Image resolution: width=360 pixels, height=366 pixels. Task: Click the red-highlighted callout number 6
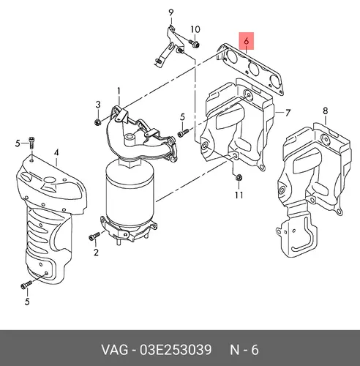(x=247, y=41)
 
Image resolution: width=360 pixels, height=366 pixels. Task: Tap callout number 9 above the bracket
(x=171, y=12)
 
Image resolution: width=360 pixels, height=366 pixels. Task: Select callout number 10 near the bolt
(x=195, y=29)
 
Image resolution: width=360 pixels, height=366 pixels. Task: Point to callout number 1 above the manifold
(x=119, y=91)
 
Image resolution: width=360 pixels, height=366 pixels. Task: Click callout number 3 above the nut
(x=98, y=105)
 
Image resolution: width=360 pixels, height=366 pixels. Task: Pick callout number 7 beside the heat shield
(x=288, y=113)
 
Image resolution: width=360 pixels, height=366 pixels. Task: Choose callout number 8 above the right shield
(x=326, y=111)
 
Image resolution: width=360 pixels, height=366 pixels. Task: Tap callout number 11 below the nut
(x=239, y=195)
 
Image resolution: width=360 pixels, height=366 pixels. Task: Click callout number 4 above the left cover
(x=56, y=153)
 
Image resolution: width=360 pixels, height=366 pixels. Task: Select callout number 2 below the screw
(x=96, y=252)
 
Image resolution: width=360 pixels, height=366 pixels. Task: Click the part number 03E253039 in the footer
(x=176, y=350)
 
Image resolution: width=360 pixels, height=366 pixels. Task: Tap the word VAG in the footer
(x=115, y=350)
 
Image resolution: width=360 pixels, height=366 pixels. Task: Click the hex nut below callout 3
(x=97, y=122)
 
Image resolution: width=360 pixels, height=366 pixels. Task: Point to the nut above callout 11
(x=239, y=178)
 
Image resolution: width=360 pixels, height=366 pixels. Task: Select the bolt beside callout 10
(x=195, y=44)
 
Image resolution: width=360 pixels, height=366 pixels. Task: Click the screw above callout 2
(x=94, y=236)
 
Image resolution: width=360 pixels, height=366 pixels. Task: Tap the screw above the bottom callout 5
(x=26, y=285)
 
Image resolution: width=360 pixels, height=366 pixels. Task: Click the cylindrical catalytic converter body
(x=130, y=193)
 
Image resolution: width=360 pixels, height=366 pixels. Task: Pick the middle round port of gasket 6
(x=254, y=69)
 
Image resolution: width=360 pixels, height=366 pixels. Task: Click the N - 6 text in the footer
(x=244, y=350)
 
